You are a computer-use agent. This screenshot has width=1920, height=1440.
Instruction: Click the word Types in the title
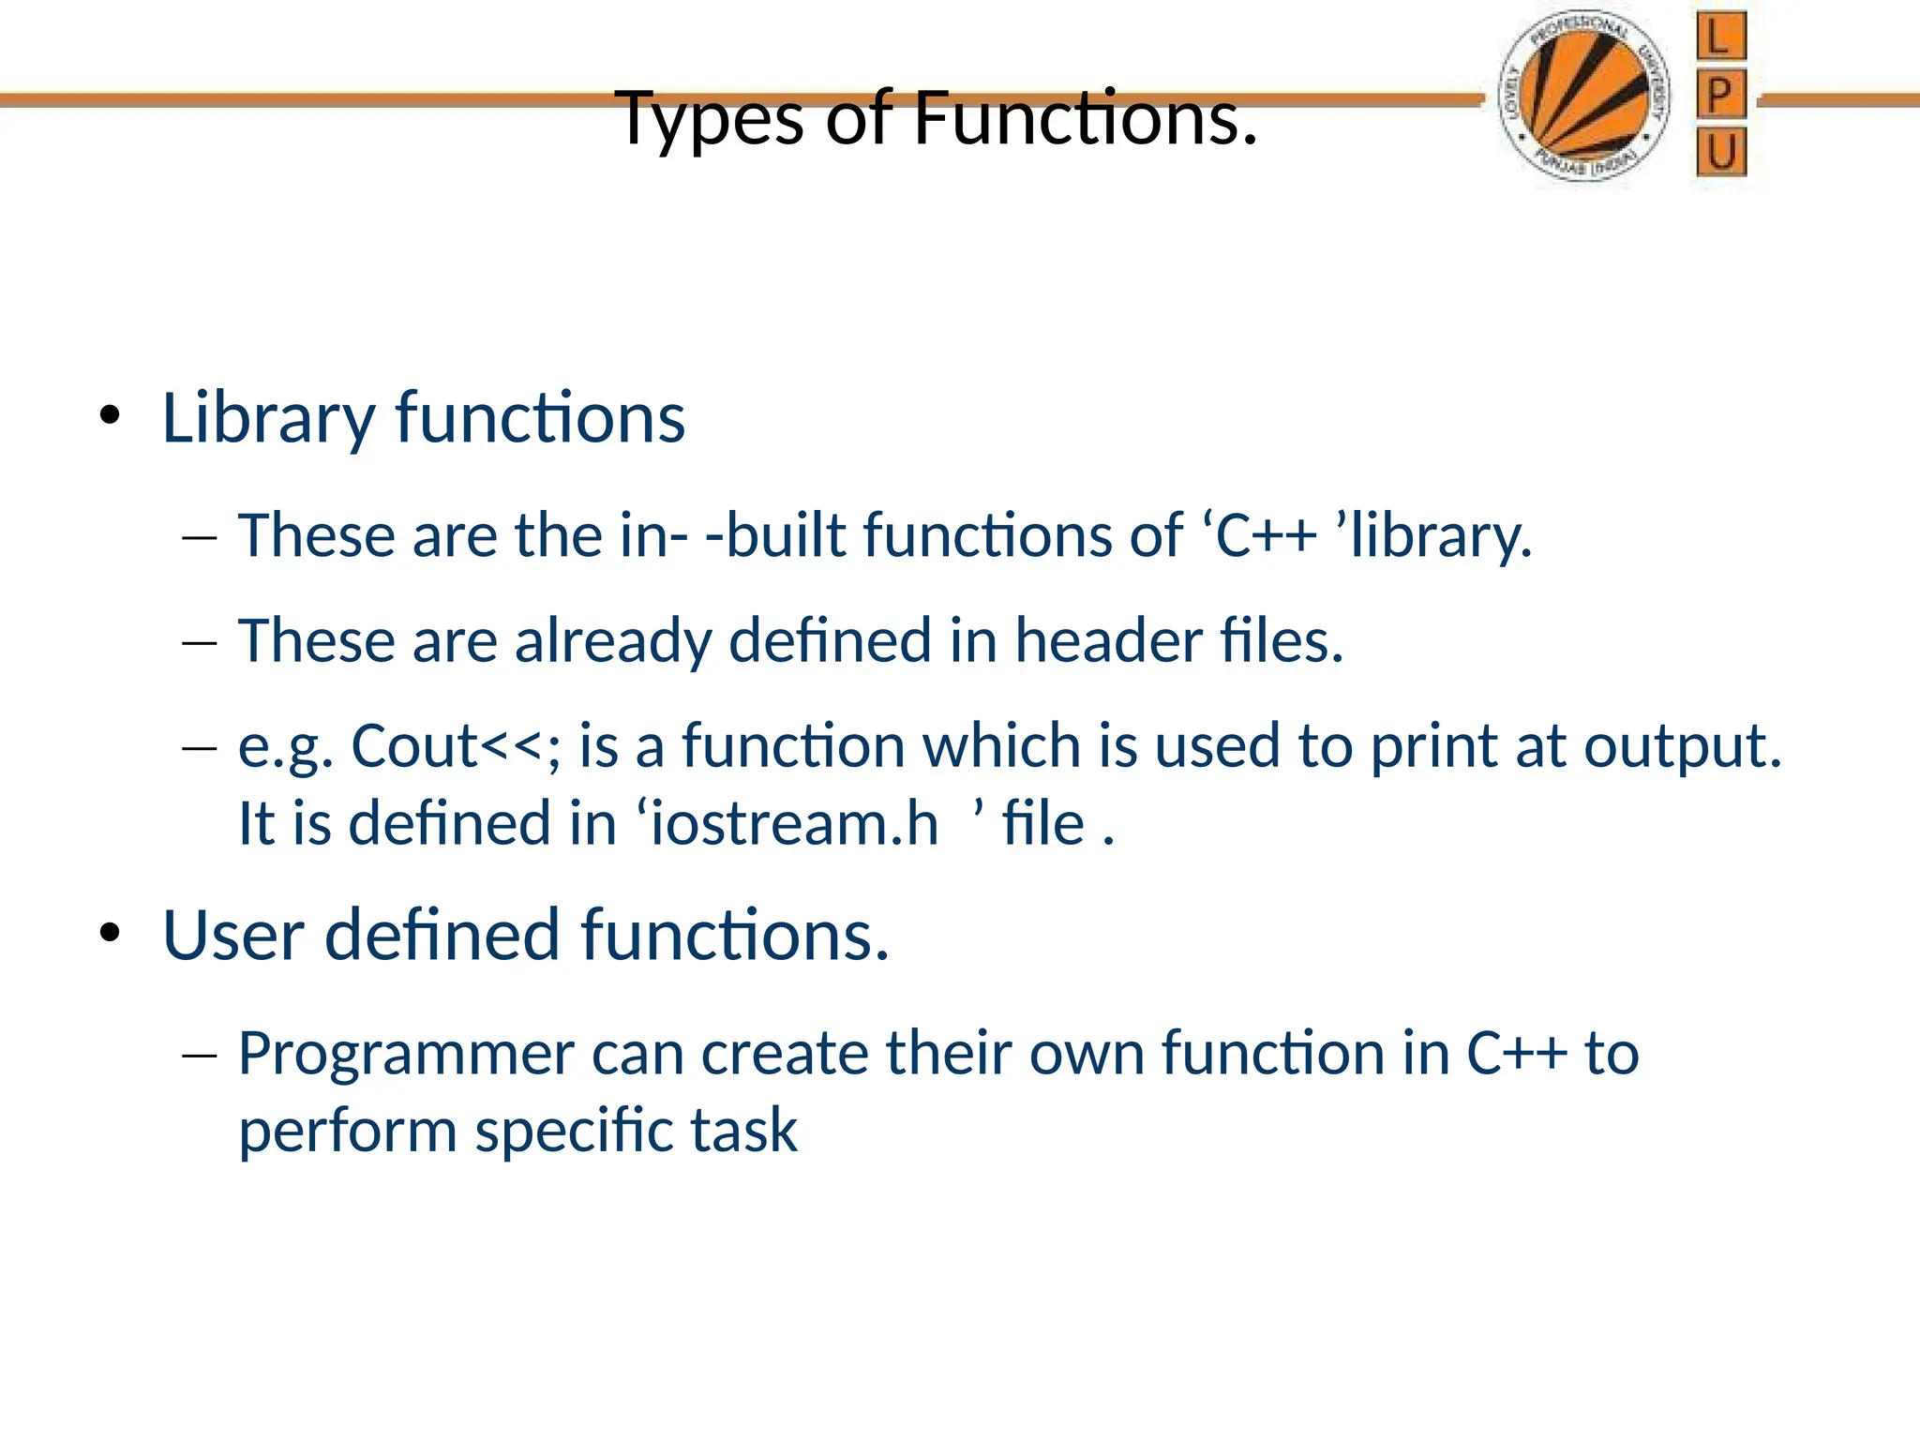(x=711, y=120)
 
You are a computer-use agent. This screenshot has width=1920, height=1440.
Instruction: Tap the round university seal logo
(x=1582, y=97)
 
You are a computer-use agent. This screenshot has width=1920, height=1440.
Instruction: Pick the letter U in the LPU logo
(x=1721, y=152)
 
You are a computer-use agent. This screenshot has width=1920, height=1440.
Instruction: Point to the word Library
(x=268, y=418)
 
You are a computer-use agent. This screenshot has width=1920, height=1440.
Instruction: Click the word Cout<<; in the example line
(x=456, y=746)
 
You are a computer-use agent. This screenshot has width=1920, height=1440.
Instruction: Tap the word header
(x=1108, y=641)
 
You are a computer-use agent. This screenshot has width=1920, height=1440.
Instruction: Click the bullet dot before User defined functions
(x=111, y=934)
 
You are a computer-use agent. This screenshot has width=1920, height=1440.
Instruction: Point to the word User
(x=233, y=936)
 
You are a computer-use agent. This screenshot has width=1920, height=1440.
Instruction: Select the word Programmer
(x=406, y=1054)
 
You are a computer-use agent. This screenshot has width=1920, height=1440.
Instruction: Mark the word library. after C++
(x=1441, y=536)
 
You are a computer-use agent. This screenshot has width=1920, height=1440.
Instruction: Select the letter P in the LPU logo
(x=1721, y=95)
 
